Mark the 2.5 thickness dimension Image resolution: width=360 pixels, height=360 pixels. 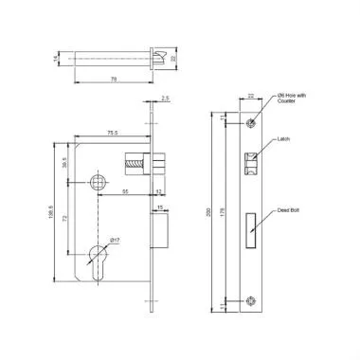point(166,98)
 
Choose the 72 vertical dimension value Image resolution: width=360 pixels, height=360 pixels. point(63,219)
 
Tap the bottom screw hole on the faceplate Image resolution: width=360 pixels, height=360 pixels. point(252,302)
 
